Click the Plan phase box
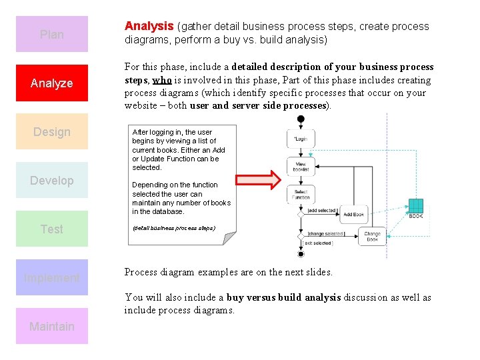tap(52, 34)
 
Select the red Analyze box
tap(52, 83)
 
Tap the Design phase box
tap(52, 131)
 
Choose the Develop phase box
tap(52, 180)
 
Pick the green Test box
tap(52, 229)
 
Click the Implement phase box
tap(52, 277)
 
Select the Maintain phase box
tap(52, 326)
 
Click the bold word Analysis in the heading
tap(149, 26)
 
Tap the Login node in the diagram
tap(301, 139)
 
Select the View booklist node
tap(301, 167)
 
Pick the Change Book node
tap(372, 236)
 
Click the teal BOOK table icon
tap(415, 207)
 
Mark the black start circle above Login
tap(301, 119)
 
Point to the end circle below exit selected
tap(301, 253)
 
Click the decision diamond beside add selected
tap(301, 215)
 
